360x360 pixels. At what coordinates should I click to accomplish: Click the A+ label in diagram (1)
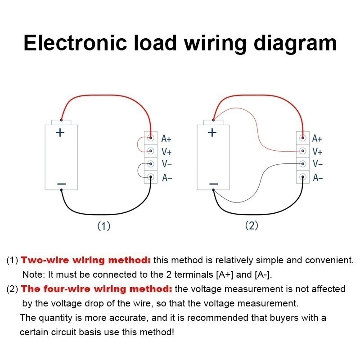pyautogui.click(x=166, y=139)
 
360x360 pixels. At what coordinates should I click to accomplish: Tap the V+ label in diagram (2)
pyautogui.click(x=317, y=152)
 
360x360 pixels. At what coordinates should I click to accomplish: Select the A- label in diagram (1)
pyautogui.click(x=167, y=178)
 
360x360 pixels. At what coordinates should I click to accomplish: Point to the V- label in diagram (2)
pyautogui.click(x=318, y=164)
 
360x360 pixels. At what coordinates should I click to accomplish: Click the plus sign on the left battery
pyautogui.click(x=60, y=132)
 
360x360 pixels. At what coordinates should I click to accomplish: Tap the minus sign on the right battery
pyautogui.click(x=213, y=184)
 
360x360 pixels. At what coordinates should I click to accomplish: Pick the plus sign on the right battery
pyautogui.click(x=212, y=132)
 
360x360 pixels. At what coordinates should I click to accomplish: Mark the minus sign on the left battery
pyautogui.click(x=62, y=184)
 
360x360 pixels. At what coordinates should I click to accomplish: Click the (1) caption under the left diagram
pyautogui.click(x=104, y=226)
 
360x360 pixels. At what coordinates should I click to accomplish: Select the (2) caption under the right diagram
pyautogui.click(x=252, y=225)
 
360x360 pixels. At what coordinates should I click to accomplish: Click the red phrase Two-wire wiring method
pyautogui.click(x=86, y=260)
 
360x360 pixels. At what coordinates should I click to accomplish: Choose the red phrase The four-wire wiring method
pyautogui.click(x=97, y=289)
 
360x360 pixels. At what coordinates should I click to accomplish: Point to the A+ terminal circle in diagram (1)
pyautogui.click(x=151, y=138)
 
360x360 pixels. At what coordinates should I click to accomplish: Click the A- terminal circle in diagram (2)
pyautogui.click(x=303, y=177)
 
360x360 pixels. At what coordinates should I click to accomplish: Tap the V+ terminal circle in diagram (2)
pyautogui.click(x=303, y=152)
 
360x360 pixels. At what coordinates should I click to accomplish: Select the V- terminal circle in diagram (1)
pyautogui.click(x=151, y=164)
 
